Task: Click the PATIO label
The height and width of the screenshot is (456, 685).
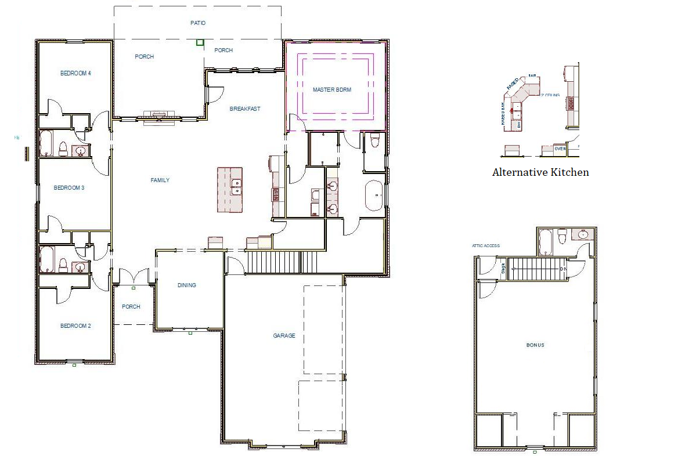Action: coord(198,23)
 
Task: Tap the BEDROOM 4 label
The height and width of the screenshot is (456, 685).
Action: coord(75,73)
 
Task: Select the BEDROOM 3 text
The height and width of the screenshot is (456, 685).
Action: coord(69,188)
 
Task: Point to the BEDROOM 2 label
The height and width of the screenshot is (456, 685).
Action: coord(75,326)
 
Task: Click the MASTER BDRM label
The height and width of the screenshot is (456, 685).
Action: coord(332,90)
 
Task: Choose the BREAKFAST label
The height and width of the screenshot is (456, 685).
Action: coord(245,109)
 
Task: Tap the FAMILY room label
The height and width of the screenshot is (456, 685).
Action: coord(160,180)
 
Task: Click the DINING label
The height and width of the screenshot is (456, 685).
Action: coord(187,285)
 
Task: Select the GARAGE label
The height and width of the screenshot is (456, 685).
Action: coord(284,336)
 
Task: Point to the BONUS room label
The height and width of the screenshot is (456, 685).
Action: coord(535,345)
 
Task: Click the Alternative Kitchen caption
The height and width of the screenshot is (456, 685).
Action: coord(540,172)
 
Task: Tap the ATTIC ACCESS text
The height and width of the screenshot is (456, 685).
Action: coord(486,246)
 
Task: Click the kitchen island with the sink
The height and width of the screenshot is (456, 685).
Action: coord(230,190)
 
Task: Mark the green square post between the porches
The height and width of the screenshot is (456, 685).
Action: coord(200,42)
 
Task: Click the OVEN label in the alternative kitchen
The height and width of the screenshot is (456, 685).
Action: coord(560,149)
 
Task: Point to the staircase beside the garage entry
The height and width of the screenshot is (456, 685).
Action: coord(274,262)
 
